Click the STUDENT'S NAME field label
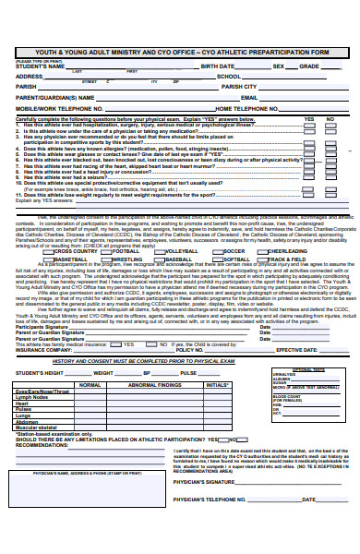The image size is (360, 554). pyautogui.click(x=40, y=66)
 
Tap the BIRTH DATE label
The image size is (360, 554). pyautogui.click(x=218, y=66)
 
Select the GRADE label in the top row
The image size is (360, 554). pyautogui.click(x=308, y=66)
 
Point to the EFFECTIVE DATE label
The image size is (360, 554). pyautogui.click(x=297, y=350)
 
